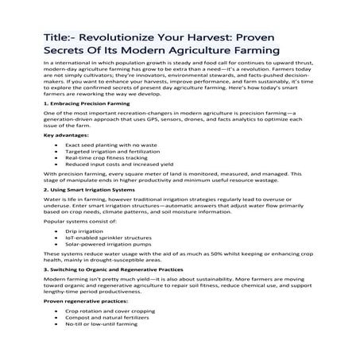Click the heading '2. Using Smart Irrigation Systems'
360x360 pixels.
pos(91,191)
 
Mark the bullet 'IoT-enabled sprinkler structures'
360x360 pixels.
pos(107,240)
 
